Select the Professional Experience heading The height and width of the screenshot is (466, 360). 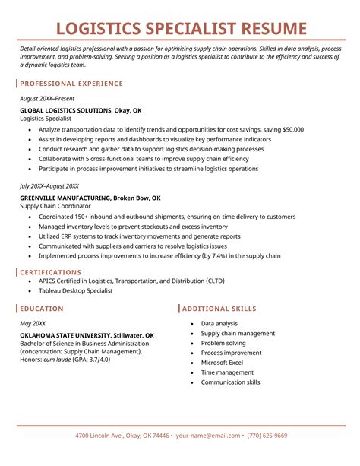click(71, 83)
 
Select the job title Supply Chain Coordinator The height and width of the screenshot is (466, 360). click(55, 206)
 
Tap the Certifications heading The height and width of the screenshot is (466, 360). click(52, 271)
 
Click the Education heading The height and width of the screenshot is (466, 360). click(42, 309)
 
